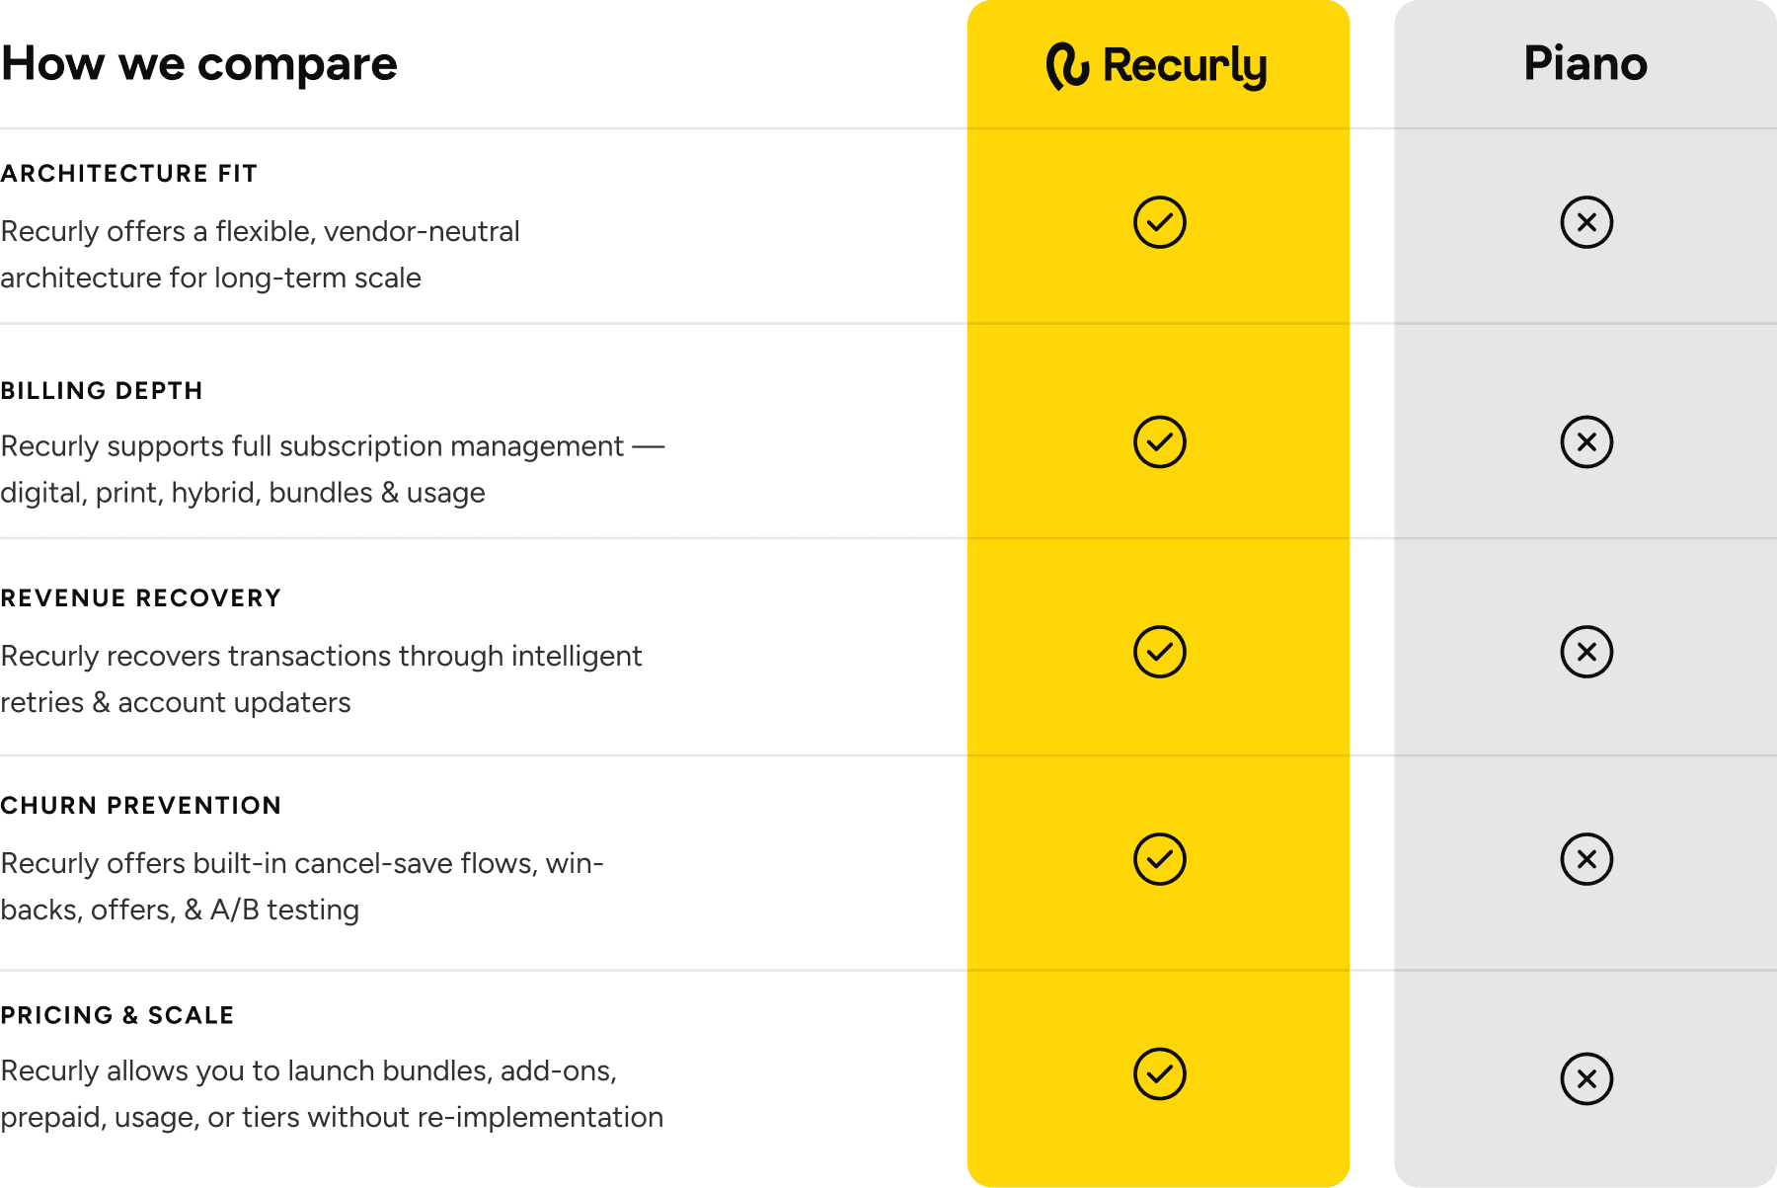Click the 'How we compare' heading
[x=198, y=65]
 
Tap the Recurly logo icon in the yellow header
[x=1067, y=66]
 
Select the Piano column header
[x=1585, y=64]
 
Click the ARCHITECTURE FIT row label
[x=128, y=174]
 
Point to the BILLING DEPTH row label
[x=101, y=391]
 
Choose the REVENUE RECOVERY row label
[x=140, y=598]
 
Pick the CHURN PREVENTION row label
[x=140, y=806]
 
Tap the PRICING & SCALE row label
[x=116, y=1015]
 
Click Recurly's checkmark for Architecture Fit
[x=1159, y=222]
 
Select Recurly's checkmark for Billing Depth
[x=1159, y=441]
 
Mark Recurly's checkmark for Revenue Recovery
[x=1159, y=652]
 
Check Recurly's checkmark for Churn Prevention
[x=1159, y=859]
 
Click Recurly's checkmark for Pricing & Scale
[x=1159, y=1073]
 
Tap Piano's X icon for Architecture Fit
[x=1586, y=222]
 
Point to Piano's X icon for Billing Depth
[x=1586, y=441]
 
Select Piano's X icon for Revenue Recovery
[x=1586, y=652]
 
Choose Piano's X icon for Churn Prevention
[x=1586, y=859]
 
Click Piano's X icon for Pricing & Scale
[x=1586, y=1078]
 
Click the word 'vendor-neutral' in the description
[x=422, y=232]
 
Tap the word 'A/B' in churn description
[x=235, y=910]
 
